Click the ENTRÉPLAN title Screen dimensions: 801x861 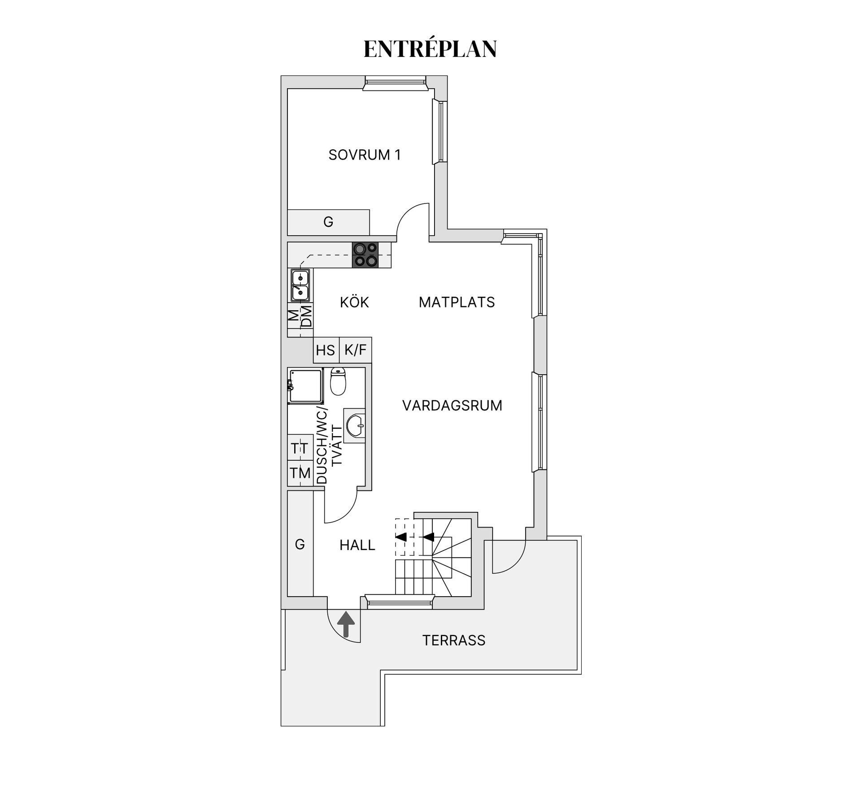click(x=430, y=49)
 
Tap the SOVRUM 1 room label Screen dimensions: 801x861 click(x=364, y=155)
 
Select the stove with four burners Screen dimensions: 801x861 click(x=365, y=255)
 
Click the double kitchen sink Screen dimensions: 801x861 click(x=300, y=285)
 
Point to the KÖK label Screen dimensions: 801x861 click(x=354, y=303)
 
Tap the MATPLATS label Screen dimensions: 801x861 click(x=457, y=303)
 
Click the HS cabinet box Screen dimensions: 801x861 click(x=326, y=350)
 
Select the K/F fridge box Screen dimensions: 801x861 click(x=356, y=350)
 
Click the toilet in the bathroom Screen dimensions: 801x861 click(x=338, y=381)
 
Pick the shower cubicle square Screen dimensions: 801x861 click(x=305, y=386)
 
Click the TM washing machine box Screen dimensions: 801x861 click(x=300, y=473)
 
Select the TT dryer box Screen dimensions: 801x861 click(x=300, y=448)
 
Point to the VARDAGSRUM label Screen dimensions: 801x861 click(x=452, y=406)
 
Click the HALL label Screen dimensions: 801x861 click(x=357, y=546)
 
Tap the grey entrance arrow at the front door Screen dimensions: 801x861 click(x=346, y=624)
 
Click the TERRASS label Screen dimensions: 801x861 click(x=454, y=641)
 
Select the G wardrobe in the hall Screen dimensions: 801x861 click(x=300, y=544)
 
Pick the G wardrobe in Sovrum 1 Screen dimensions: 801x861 click(x=328, y=222)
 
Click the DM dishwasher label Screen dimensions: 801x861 click(x=307, y=316)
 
